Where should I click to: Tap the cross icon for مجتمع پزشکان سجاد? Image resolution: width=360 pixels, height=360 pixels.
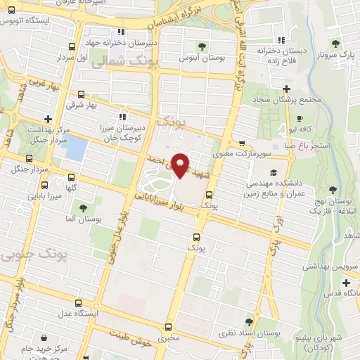(x=286, y=89)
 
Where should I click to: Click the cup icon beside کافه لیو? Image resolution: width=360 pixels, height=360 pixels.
(x=300, y=119)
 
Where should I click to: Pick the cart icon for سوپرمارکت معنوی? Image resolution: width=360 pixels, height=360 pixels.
(x=242, y=142)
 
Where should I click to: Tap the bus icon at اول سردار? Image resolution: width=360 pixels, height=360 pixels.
(x=70, y=48)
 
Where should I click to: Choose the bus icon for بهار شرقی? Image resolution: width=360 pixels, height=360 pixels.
(x=81, y=94)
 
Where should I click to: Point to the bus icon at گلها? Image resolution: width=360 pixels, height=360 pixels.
(x=71, y=176)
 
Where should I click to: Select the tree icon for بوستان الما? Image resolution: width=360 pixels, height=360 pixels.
(x=84, y=208)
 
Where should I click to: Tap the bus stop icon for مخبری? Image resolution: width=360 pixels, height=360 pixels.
(x=168, y=327)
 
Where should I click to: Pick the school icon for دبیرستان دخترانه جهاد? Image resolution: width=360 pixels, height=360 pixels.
(x=122, y=32)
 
